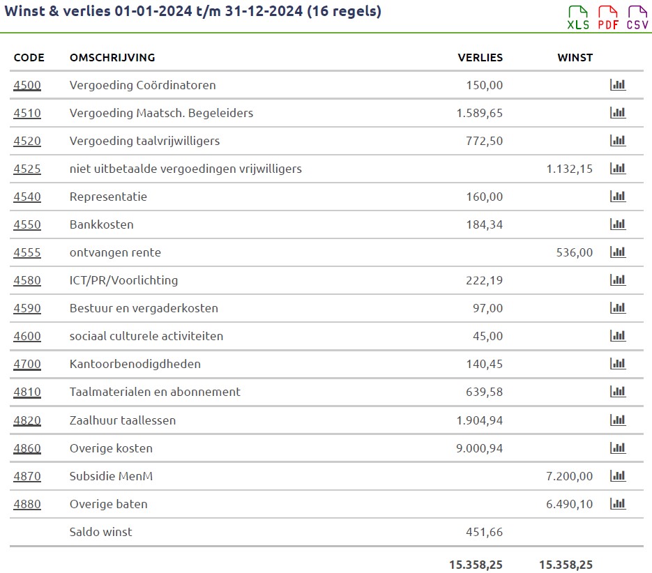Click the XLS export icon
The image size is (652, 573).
578,17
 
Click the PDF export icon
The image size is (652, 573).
608,17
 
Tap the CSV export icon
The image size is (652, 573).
637,17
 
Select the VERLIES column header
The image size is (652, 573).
480,58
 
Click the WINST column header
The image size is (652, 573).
575,58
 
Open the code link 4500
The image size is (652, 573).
27,85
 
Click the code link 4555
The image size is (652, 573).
27,252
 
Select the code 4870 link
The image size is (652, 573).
27,476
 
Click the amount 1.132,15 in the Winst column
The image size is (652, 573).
570,169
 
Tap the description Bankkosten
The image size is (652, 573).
101,224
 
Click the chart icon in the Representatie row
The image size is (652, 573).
618,197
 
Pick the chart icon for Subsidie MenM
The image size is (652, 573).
618,476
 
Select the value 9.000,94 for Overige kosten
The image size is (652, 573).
479,448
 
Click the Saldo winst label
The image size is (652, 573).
100,532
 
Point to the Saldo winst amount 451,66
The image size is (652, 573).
484,532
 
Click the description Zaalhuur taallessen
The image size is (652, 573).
123,420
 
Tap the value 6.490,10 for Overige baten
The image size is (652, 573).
570,504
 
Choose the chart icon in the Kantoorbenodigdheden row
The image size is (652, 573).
618,364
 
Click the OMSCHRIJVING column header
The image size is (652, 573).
112,58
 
